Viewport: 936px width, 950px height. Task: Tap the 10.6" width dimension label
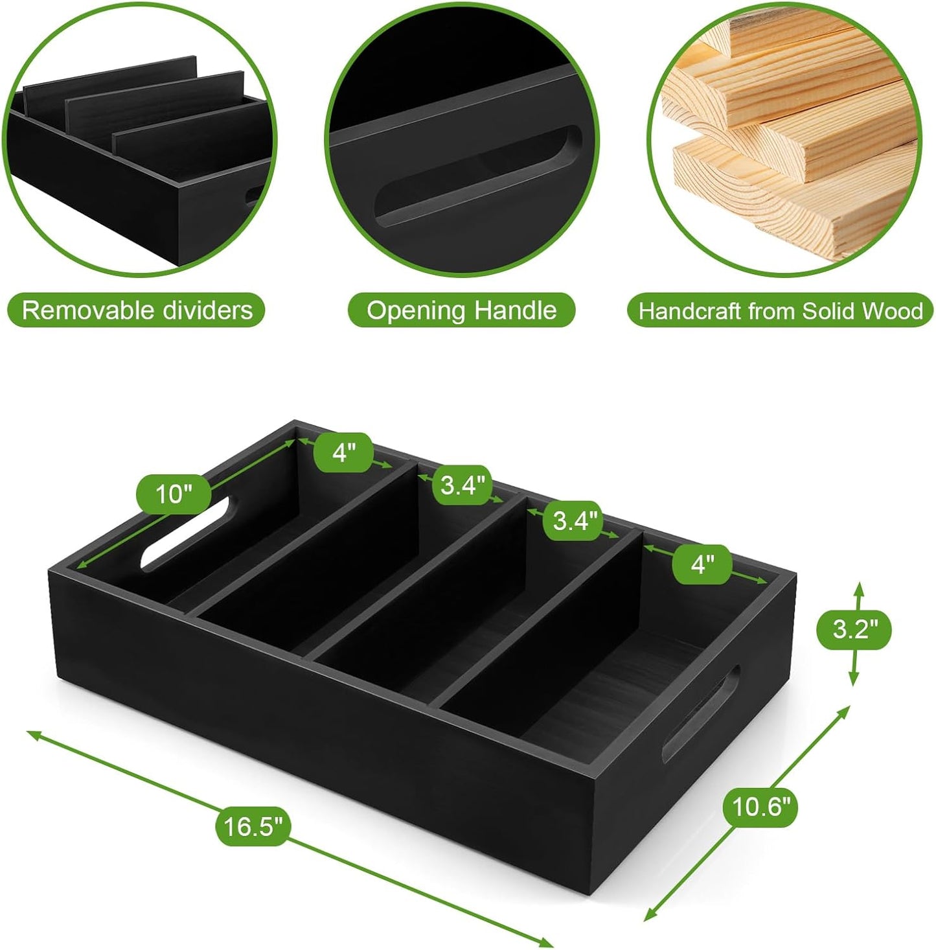[761, 807]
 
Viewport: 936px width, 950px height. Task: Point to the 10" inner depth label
[174, 494]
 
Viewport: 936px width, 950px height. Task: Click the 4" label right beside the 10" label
[343, 452]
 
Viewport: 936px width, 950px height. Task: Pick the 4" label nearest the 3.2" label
[702, 564]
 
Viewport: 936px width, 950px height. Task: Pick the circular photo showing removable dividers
[141, 139]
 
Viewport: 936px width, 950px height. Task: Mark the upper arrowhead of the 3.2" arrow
[859, 588]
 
